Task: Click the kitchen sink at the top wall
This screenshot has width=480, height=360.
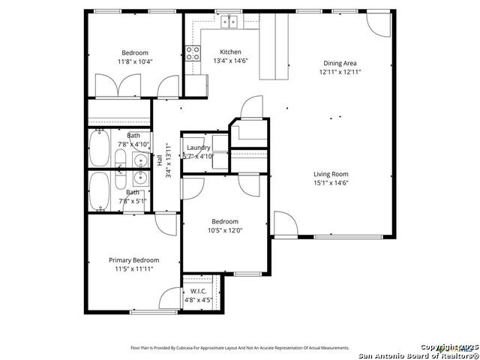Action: point(229,22)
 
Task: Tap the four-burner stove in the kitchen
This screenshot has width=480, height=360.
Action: point(193,53)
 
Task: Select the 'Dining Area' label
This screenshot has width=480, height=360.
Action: point(339,64)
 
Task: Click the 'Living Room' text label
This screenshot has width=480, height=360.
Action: point(331,174)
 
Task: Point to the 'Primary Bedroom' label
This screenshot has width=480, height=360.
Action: point(133,260)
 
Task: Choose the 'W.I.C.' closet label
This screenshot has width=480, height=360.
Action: point(198,291)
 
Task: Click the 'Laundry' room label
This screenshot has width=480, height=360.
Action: point(199,148)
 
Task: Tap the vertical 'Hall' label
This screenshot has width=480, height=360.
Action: point(159,160)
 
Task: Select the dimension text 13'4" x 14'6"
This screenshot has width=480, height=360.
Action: point(209,61)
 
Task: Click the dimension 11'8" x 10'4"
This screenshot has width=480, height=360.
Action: point(135,61)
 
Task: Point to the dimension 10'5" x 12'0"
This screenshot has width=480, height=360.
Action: point(224,230)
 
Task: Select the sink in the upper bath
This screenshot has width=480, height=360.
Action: point(138,159)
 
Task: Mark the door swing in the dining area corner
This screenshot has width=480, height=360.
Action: point(378,25)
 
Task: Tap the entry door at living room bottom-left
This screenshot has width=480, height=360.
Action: point(285,223)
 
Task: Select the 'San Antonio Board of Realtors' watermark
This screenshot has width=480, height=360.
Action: point(418,355)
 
